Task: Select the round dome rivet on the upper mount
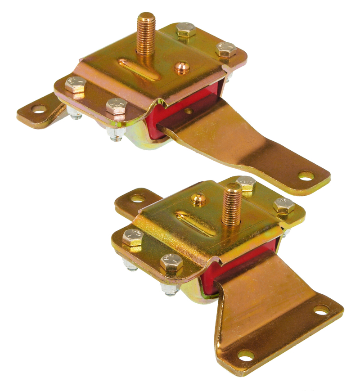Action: tap(182, 67)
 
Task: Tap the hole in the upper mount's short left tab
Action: tap(38, 109)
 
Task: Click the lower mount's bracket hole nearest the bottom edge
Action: tap(246, 356)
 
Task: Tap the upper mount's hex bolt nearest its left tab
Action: tap(75, 84)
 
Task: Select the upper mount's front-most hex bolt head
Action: tap(117, 106)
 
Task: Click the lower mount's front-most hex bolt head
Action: tap(171, 263)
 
